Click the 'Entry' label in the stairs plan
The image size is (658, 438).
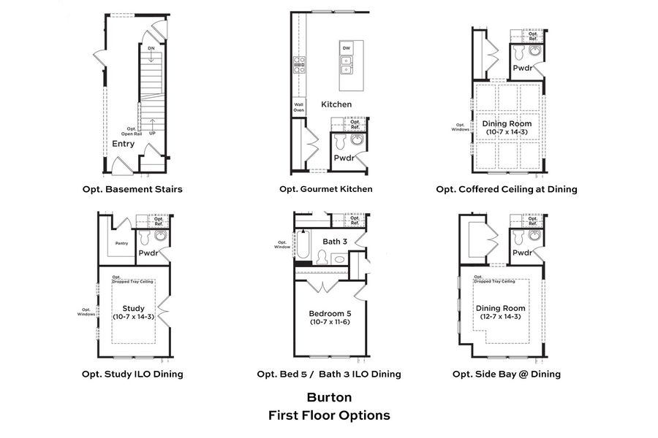coord(123,144)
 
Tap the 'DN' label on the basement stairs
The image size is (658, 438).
coord(151,49)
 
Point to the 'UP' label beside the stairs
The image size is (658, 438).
coord(152,134)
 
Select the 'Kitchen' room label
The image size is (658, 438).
coord(336,104)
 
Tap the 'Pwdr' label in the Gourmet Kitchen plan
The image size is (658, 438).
coord(344,158)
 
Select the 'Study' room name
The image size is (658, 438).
coord(134,308)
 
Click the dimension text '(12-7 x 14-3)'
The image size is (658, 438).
coord(501,317)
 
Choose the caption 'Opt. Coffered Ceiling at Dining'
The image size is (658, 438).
coord(507,189)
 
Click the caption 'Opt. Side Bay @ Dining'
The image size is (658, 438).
coord(507,374)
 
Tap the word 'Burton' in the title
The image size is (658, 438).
coord(329,398)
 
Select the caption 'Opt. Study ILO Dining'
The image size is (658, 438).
coord(132,374)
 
